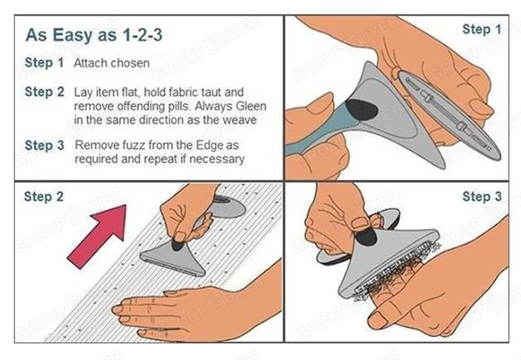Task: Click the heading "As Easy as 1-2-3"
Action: pos(94,35)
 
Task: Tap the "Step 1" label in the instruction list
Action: pos(44,62)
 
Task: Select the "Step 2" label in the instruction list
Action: pos(44,92)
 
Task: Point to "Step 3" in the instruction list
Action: pos(44,145)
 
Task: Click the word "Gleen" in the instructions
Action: pos(251,106)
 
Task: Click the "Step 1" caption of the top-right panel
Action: pos(482,29)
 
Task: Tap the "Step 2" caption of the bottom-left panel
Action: pos(44,196)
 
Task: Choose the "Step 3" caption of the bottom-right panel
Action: pos(482,196)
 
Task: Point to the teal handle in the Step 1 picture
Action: pos(319,133)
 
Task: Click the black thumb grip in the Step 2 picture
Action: pos(179,245)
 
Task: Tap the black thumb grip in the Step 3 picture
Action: pos(367,236)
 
